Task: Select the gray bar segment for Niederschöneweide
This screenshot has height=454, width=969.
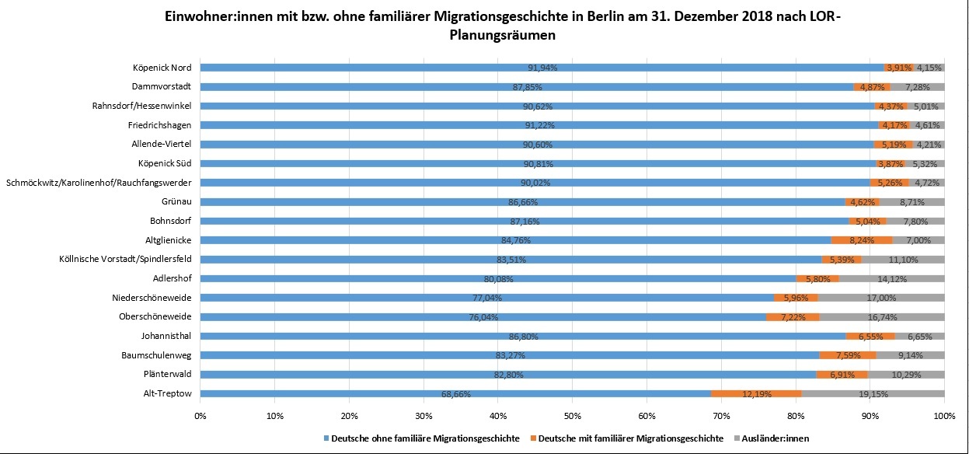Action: [x=881, y=297]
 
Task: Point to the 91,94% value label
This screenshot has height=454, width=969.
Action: [x=542, y=67]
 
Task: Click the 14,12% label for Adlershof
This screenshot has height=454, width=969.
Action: [x=891, y=278]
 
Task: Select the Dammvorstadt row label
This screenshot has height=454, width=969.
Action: [x=162, y=86]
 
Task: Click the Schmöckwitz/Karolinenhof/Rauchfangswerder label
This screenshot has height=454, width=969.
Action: [x=99, y=182]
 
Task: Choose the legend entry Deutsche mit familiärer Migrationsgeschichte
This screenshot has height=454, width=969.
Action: [x=629, y=438]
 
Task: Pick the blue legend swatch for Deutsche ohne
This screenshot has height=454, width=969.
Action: [x=326, y=438]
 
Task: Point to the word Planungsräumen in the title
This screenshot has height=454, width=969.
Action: [x=504, y=35]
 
